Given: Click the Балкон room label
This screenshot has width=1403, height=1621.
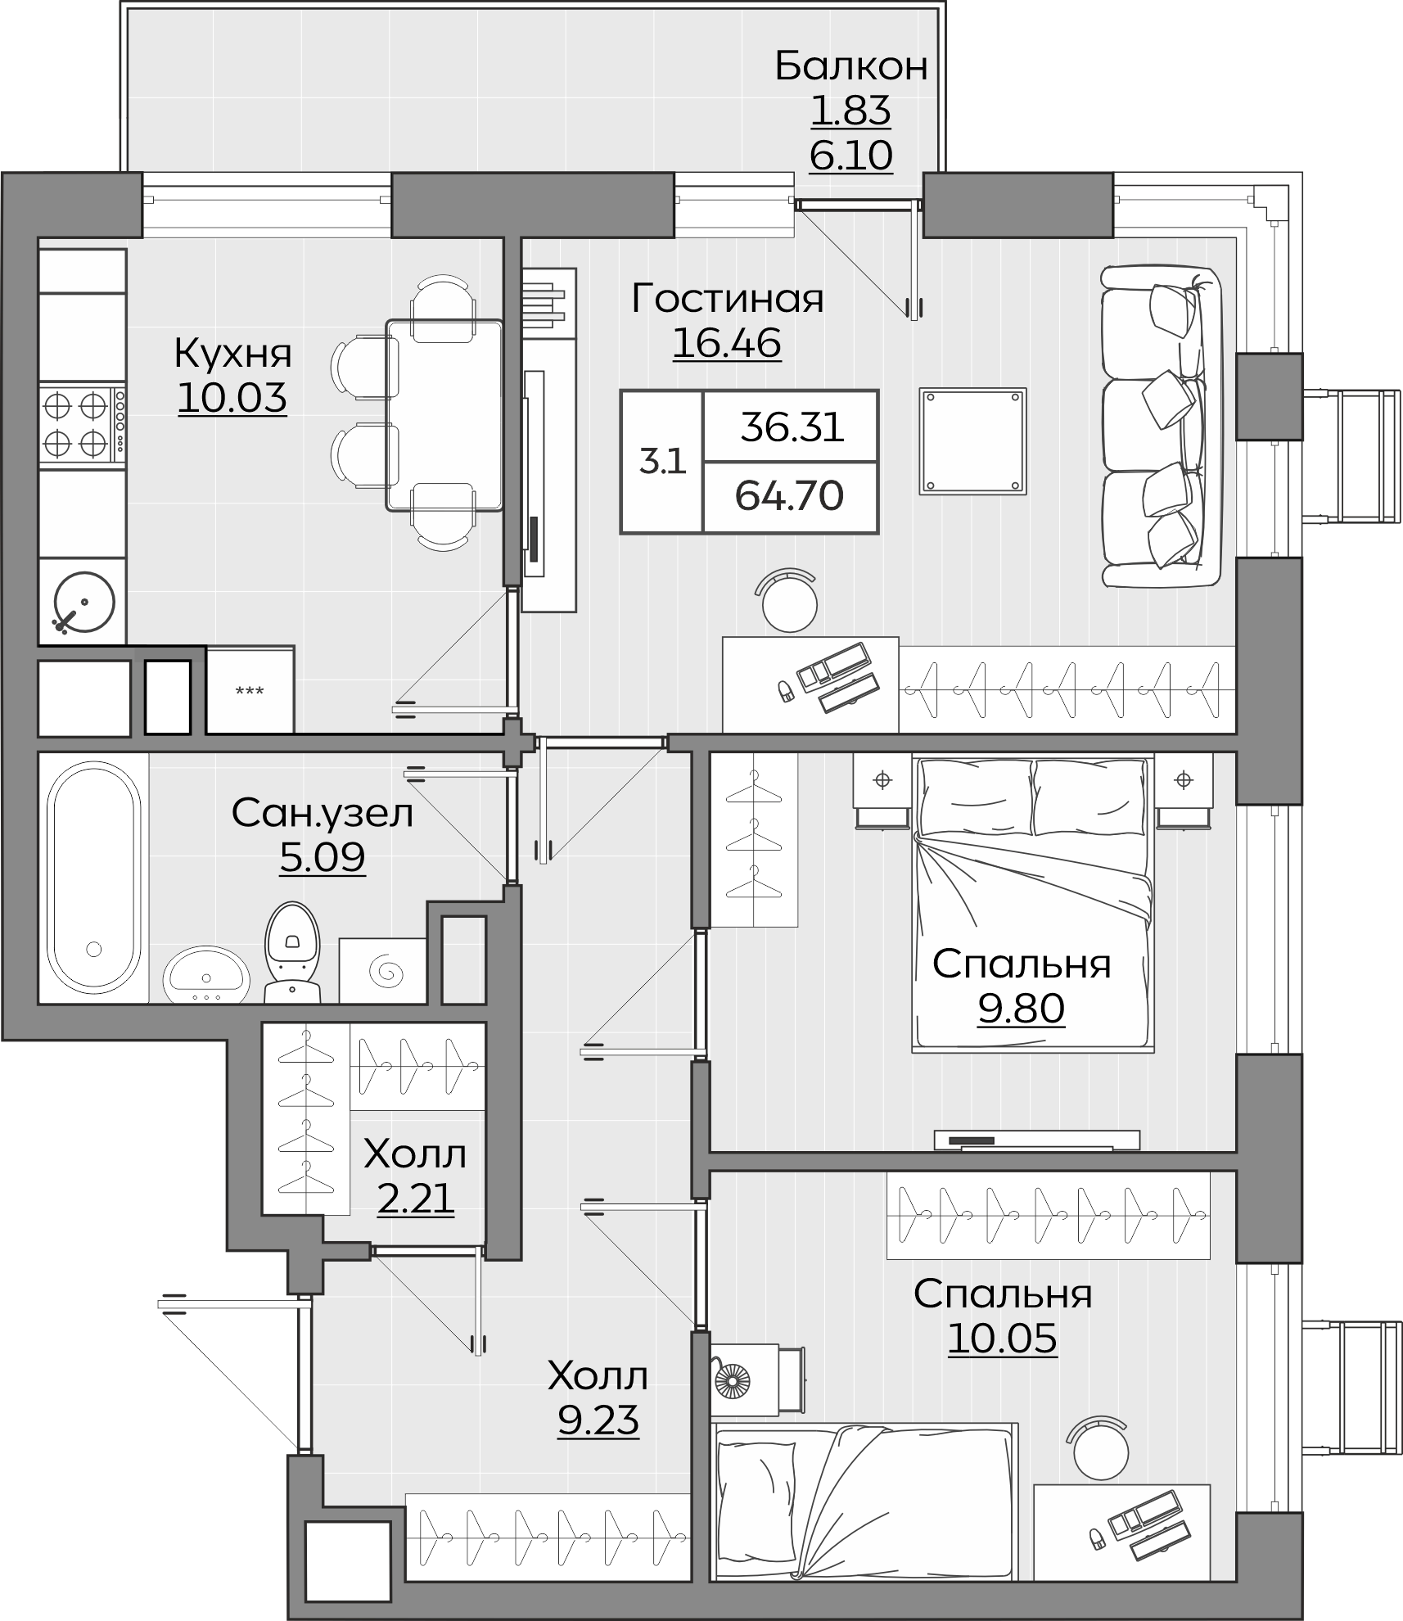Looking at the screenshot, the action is pyautogui.click(x=851, y=66).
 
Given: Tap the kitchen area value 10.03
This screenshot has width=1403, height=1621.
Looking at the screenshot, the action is pyautogui.click(x=232, y=398).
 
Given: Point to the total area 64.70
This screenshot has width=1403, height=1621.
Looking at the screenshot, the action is pyautogui.click(x=789, y=496).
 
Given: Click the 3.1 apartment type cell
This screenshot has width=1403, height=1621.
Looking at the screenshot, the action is pyautogui.click(x=662, y=463).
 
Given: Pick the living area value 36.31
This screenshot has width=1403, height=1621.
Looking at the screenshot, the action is pyautogui.click(x=792, y=427).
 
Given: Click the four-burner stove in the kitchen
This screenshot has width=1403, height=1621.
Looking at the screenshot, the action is pyautogui.click(x=83, y=424).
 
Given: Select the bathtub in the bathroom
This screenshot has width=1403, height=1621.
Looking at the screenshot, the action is pyautogui.click(x=93, y=876).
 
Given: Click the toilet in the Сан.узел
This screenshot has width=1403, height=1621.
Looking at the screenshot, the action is pyautogui.click(x=292, y=951).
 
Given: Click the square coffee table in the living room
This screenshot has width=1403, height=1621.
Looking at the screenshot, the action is pyautogui.click(x=972, y=441).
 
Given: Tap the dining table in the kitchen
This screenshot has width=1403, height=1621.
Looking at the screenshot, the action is pyautogui.click(x=444, y=415).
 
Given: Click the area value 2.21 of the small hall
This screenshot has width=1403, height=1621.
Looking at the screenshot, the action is pyautogui.click(x=415, y=1200).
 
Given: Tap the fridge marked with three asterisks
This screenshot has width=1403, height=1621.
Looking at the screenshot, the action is pyautogui.click(x=250, y=689).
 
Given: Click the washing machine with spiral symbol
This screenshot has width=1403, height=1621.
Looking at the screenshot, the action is pyautogui.click(x=383, y=970).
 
